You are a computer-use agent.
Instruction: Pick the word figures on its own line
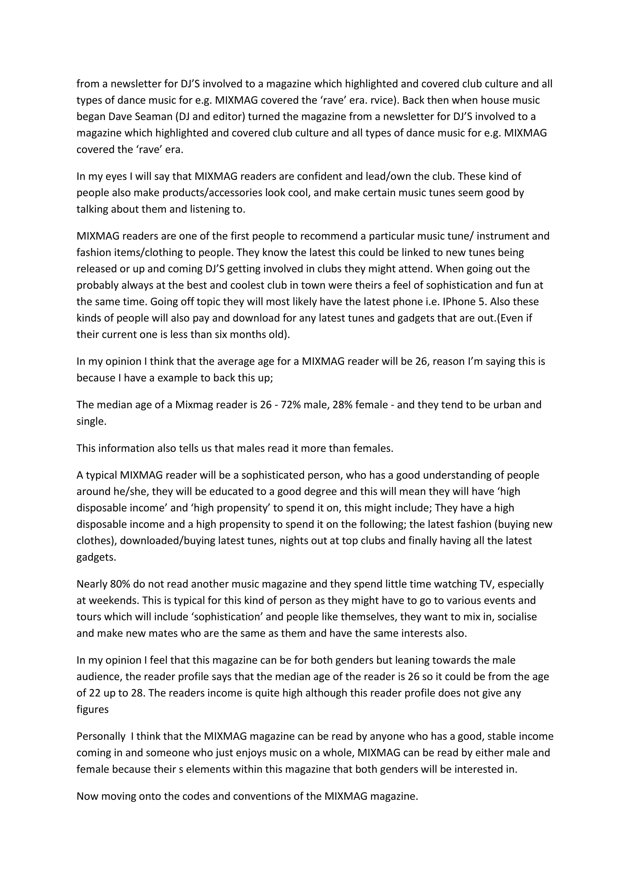click(x=93, y=710)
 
